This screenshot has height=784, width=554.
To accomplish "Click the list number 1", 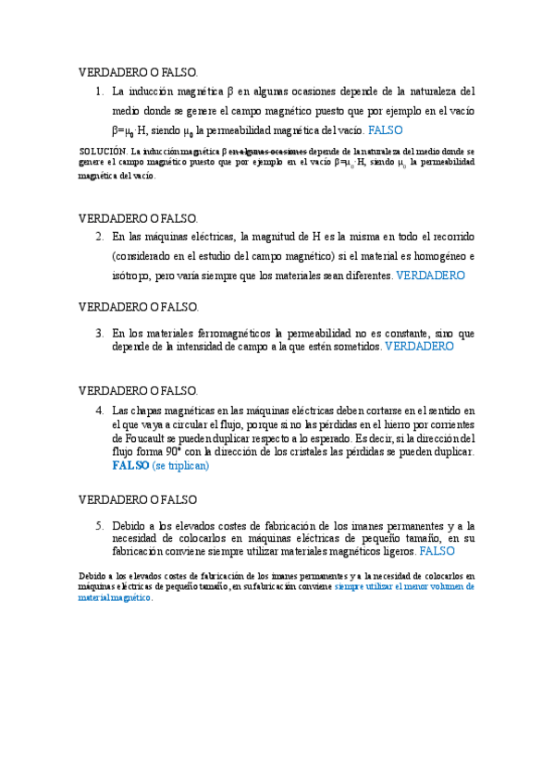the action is point(99,92).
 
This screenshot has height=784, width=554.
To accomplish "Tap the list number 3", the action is point(99,333).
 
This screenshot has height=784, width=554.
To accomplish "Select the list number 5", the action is point(99,524).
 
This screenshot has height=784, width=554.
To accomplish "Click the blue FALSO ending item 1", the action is point(385,130).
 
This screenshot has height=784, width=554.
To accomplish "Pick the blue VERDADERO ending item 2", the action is point(430,276).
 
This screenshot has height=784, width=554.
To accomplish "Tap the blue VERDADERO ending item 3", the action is point(419,347).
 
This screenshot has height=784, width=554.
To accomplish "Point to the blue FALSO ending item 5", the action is point(437,551).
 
